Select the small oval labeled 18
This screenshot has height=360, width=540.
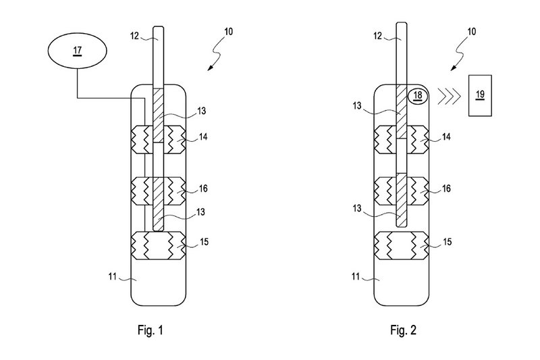(x=417, y=95)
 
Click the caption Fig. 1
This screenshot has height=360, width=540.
(x=150, y=330)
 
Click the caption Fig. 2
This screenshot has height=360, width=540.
(x=403, y=330)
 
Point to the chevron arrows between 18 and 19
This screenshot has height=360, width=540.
(x=449, y=95)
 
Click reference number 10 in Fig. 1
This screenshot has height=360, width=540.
(x=228, y=32)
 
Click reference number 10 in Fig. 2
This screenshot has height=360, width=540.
(x=471, y=32)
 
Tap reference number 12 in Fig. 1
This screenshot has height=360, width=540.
(x=134, y=36)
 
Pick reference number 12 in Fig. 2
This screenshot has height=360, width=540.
(x=377, y=36)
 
